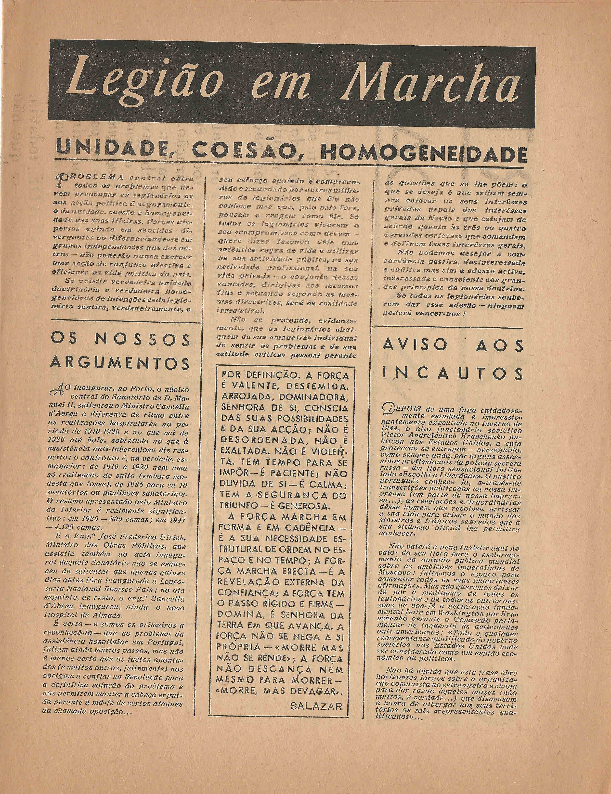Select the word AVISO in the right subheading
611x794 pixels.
pos(414,345)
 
